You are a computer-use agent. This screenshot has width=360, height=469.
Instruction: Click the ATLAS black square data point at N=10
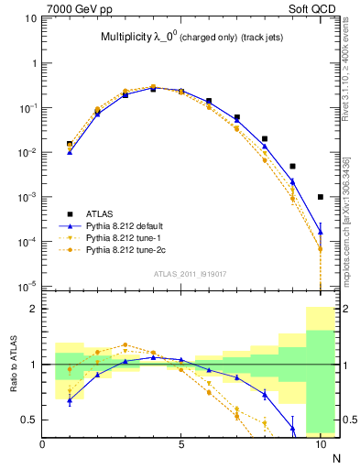pos(321,196)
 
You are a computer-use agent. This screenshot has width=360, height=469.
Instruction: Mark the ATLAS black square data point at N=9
pos(292,166)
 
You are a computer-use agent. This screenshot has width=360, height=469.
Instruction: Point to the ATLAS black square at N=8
pos(265,139)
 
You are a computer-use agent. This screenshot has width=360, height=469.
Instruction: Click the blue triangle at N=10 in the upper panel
pos(321,231)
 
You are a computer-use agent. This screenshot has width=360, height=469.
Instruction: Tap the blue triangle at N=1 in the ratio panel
pos(70,399)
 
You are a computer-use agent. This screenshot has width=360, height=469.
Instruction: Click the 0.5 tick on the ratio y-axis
pos(31,420)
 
